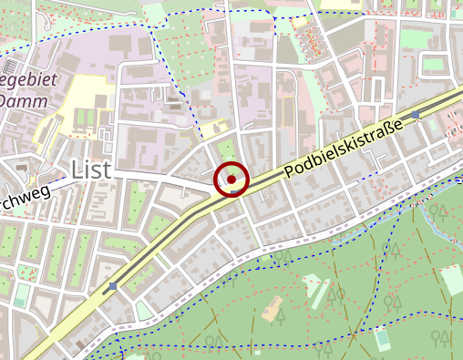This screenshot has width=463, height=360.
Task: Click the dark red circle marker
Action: coord(231,180)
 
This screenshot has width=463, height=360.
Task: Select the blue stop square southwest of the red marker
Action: coord(112,286)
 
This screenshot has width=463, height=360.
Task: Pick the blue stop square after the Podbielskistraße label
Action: coord(416,114)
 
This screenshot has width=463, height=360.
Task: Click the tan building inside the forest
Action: coord(272,310)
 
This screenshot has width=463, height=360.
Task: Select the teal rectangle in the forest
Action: coord(382,339)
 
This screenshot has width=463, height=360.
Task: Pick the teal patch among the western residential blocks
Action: coord(20,295)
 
